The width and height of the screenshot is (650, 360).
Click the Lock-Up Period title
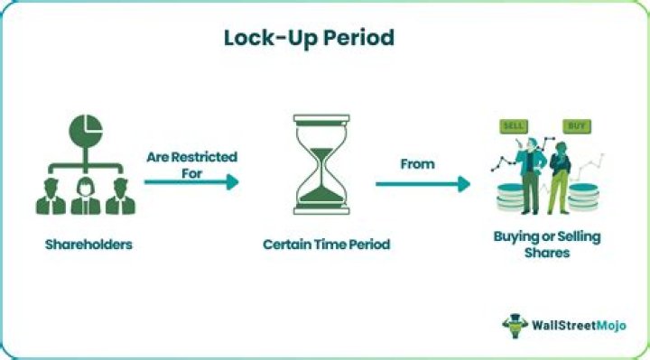309,39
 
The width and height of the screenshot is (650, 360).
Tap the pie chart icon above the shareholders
86,130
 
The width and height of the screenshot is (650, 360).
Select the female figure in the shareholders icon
86,196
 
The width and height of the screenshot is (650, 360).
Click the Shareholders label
88,245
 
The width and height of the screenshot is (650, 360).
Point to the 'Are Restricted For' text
192,165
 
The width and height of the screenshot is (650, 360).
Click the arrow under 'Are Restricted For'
191,182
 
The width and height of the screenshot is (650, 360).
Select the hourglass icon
321,164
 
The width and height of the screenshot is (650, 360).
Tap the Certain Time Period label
327,245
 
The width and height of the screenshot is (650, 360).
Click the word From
417,164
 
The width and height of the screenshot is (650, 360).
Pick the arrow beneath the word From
422,184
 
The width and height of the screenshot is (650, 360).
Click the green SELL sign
514,126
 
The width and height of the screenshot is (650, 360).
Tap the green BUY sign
577,126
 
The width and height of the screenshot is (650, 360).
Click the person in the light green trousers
560,178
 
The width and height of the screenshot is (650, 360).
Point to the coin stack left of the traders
510,198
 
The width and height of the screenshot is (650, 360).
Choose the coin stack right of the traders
584,198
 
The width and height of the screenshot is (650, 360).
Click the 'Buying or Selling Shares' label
547,245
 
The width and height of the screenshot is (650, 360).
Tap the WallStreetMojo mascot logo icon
515,326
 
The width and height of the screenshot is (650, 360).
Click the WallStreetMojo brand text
579,325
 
